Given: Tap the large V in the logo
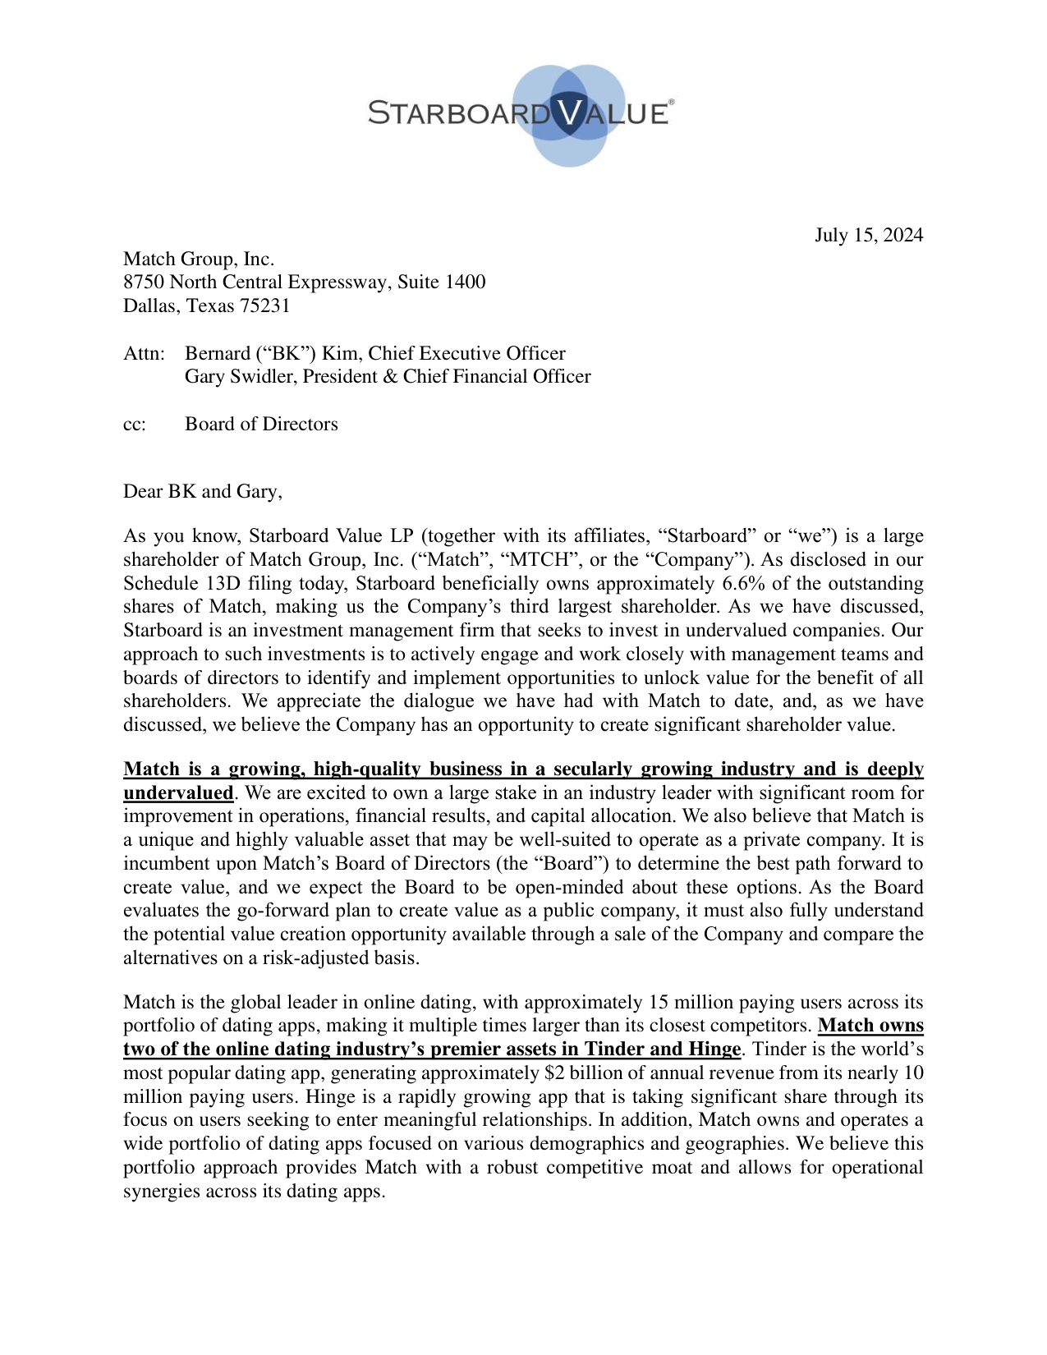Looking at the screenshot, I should coord(567,113).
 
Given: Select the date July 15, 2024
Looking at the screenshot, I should coord(868,236).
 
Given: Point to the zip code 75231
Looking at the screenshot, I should coord(264,306).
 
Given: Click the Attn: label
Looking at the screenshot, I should coord(145,354).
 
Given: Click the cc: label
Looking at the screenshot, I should coord(135,425).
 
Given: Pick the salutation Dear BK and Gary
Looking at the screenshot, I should coord(202,492).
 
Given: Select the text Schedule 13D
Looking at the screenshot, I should coord(173,584).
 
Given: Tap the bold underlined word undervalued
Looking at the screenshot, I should coord(178,793).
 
